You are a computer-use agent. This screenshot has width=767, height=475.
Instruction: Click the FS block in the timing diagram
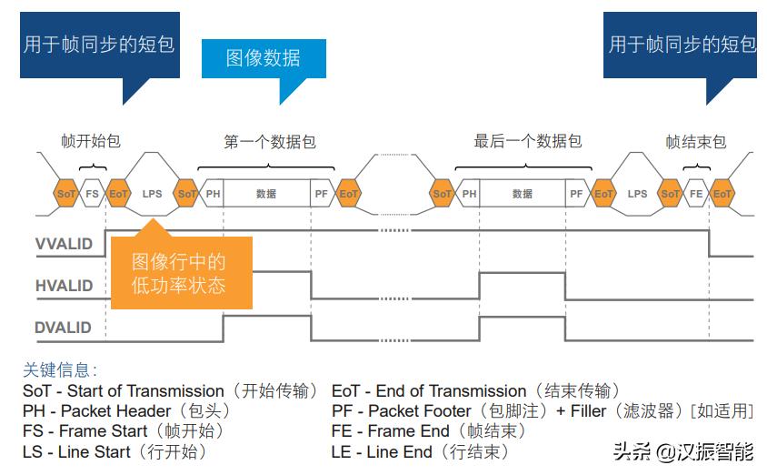pyautogui.click(x=92, y=194)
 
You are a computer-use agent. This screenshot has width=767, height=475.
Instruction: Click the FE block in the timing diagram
pyautogui.click(x=696, y=194)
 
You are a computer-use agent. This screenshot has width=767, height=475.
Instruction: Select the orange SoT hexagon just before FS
pyautogui.click(x=66, y=194)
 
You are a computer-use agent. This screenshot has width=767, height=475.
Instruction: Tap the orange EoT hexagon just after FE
pyautogui.click(x=722, y=194)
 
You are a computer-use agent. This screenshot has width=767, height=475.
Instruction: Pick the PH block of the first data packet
pyautogui.click(x=213, y=194)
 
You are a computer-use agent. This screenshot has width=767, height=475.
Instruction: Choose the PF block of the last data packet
pyautogui.click(x=576, y=194)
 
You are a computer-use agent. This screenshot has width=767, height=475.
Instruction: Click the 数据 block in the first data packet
pyautogui.click(x=266, y=194)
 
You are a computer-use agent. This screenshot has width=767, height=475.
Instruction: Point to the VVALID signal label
pyautogui.click(x=64, y=245)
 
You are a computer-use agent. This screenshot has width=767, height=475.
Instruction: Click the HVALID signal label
pyautogui.click(x=64, y=286)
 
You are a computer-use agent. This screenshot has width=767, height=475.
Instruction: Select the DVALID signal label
pyautogui.click(x=64, y=328)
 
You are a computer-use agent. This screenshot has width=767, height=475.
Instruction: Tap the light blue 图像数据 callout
pyautogui.click(x=263, y=58)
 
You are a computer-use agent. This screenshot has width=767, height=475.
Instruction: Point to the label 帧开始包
pyautogui.click(x=90, y=141)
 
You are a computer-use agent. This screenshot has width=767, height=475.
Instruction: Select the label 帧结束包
pyautogui.click(x=695, y=141)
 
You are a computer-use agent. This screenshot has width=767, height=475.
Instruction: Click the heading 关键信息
pyautogui.click(x=60, y=370)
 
